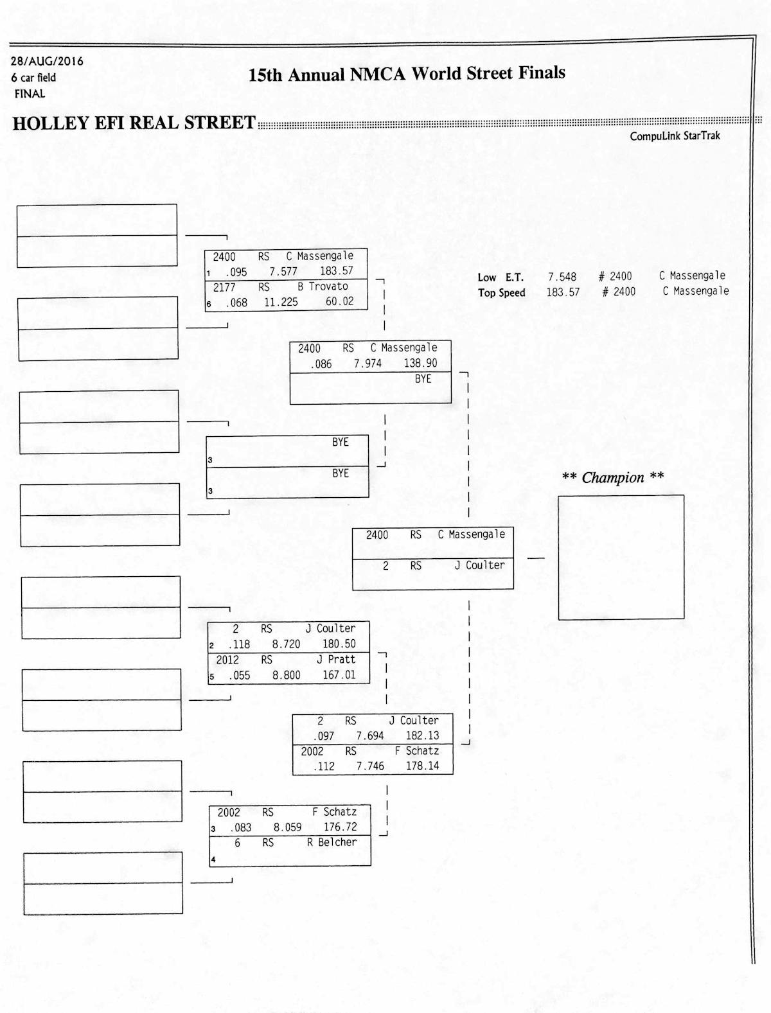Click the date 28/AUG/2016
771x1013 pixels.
tap(47, 62)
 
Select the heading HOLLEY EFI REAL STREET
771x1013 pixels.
tap(134, 123)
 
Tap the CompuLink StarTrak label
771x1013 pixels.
tap(675, 136)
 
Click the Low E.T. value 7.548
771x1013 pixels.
tap(562, 277)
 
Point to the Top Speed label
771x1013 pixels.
tap(501, 293)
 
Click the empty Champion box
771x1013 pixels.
tap(621, 557)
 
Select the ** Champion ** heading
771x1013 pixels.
tap(612, 477)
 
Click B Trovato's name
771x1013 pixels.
tap(323, 286)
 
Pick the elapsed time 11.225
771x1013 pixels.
tap(281, 302)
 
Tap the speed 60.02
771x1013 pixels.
tap(339, 301)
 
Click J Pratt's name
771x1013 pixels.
tap(335, 660)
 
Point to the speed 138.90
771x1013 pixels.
tap(420, 364)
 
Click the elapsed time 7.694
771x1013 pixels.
tap(370, 736)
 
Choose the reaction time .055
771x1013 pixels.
tap(239, 676)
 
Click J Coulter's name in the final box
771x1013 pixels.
tap(479, 565)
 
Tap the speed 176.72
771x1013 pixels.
tap(340, 827)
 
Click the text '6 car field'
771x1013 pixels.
tap(33, 78)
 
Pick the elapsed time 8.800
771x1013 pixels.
tap(286, 676)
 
